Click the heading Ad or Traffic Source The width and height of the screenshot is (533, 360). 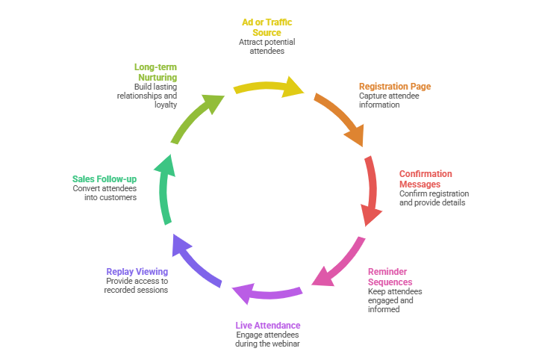pos(266,27)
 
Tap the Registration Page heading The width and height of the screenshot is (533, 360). pos(394,87)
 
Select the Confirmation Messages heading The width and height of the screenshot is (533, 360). pos(426,179)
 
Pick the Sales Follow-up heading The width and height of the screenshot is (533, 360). pos(104,179)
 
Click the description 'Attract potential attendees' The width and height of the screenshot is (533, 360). pos(266,46)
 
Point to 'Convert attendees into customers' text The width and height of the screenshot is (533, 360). pos(105,193)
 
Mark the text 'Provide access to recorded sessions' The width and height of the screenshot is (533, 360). pos(136,285)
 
